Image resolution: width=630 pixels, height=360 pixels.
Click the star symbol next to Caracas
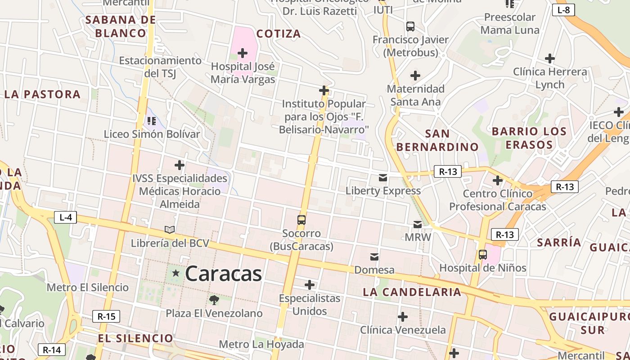(175, 273)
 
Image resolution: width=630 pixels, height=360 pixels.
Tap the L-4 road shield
(66, 217)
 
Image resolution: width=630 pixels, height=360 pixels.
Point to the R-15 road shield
(106, 316)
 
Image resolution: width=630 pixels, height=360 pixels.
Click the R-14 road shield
(51, 350)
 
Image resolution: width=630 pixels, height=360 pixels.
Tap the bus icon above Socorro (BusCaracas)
(301, 220)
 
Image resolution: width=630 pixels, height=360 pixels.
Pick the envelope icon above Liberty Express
(383, 178)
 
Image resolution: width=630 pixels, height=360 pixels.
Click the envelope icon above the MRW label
(418, 224)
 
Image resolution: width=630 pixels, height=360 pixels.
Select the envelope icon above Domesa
(374, 257)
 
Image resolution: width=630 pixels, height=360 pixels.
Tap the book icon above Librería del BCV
(170, 230)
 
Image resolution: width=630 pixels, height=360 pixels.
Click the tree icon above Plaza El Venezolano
(214, 300)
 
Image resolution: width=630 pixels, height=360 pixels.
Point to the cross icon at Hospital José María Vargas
(243, 53)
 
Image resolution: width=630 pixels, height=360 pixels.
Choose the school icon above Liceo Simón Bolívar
(152, 121)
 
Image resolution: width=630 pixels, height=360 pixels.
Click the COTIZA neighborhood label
(279, 34)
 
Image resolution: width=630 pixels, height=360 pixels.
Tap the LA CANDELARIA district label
(412, 292)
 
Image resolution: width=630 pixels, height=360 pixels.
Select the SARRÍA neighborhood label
(559, 242)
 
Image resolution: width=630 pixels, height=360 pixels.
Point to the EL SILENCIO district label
(135, 338)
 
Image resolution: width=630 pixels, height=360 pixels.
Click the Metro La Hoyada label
(261, 345)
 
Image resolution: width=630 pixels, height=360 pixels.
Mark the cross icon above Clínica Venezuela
(403, 317)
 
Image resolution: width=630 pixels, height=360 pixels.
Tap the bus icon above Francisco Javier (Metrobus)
(410, 26)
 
